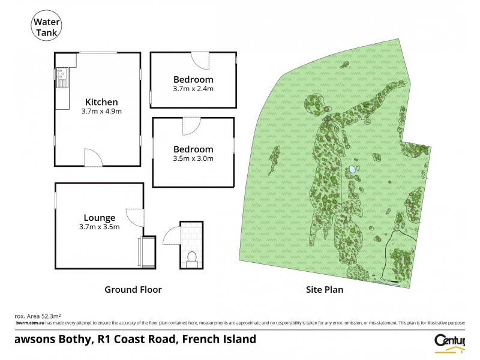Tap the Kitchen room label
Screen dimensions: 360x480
(101, 101)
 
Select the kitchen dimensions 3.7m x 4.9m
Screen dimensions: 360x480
(101, 112)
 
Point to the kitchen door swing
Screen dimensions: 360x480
(93, 158)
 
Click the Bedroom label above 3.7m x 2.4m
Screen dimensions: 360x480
(193, 79)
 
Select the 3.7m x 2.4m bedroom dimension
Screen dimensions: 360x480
(193, 89)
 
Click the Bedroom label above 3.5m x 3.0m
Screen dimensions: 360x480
(193, 149)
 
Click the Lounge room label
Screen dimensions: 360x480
(100, 217)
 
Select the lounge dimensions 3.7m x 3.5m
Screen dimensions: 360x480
(100, 227)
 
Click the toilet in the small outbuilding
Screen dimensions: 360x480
(192, 258)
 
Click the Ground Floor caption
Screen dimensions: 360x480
(133, 289)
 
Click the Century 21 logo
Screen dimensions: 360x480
(449, 340)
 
